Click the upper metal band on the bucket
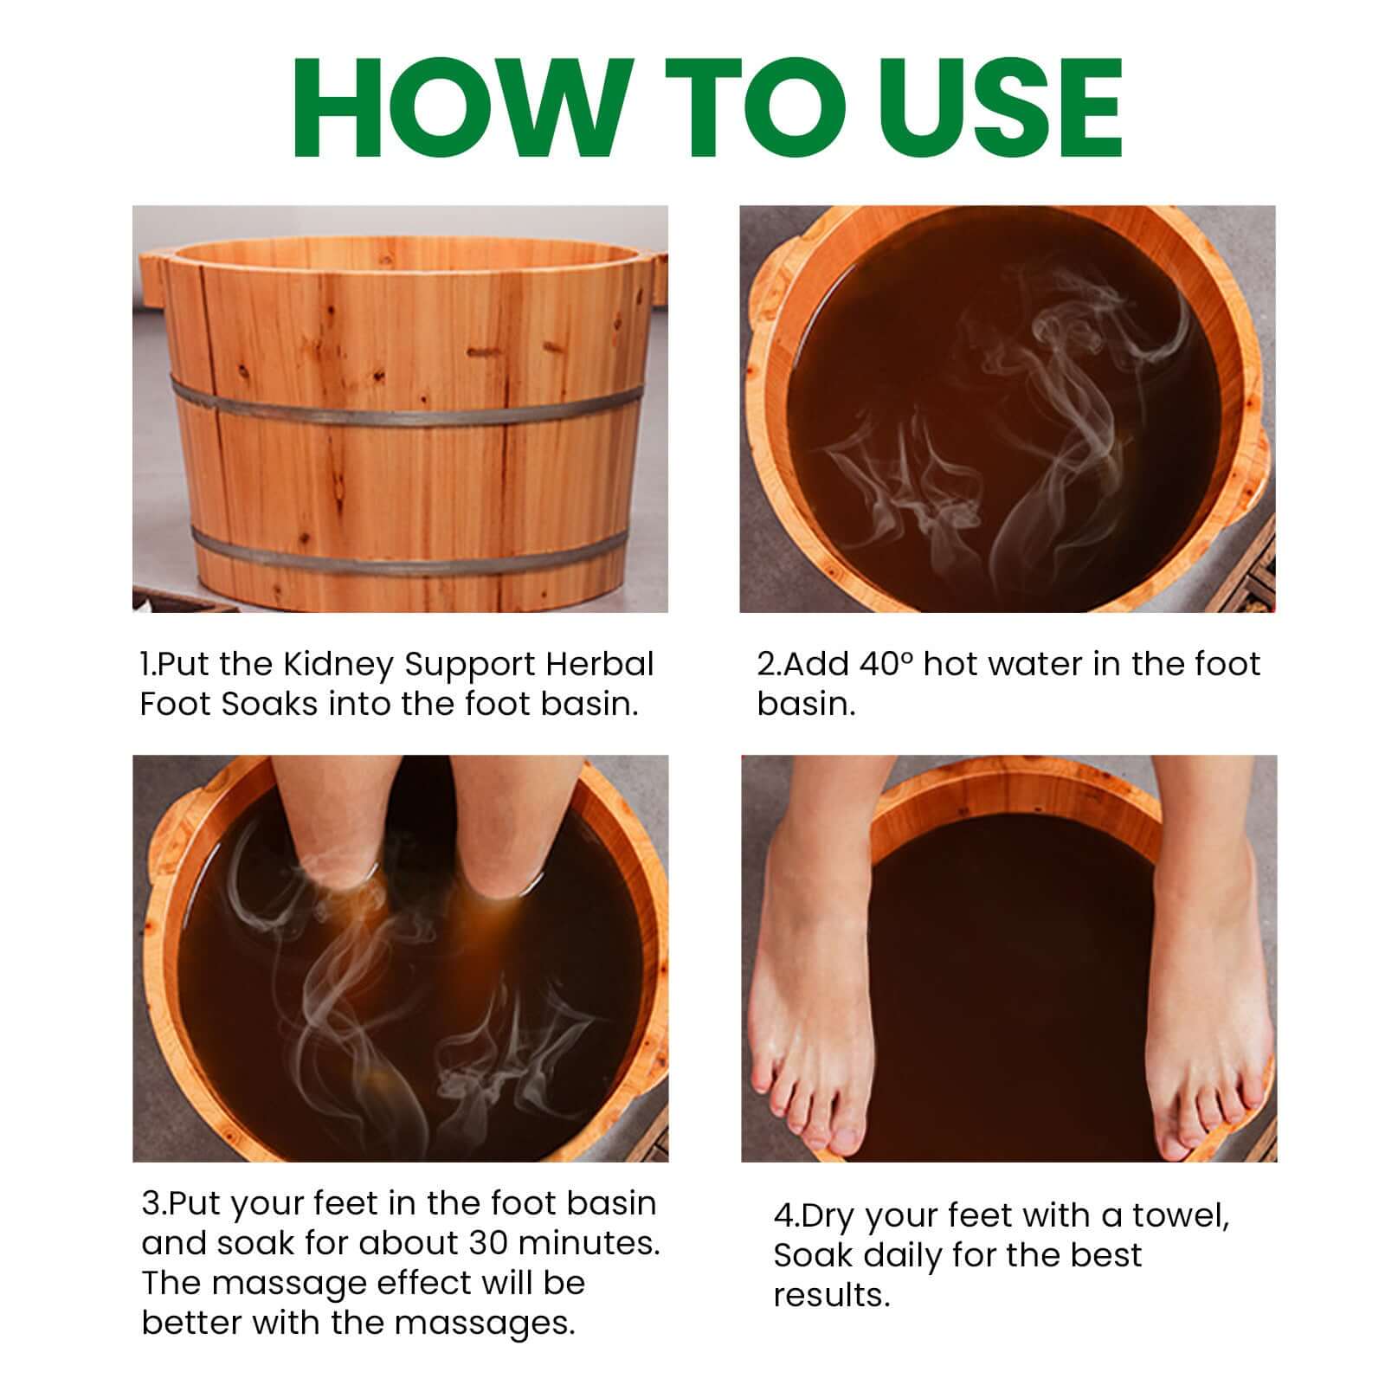(407, 408)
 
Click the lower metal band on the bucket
(407, 555)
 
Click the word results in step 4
(830, 1295)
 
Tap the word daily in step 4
(901, 1255)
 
